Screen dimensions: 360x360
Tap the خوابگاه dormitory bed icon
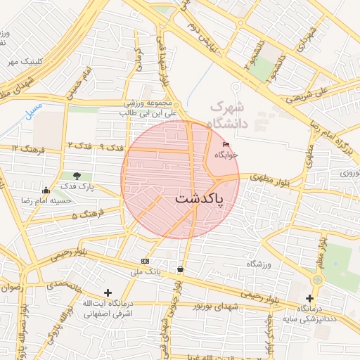226,145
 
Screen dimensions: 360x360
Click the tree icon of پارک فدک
77,175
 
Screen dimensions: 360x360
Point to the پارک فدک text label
77,186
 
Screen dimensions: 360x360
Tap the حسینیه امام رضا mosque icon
46,190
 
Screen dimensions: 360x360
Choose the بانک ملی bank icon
145,261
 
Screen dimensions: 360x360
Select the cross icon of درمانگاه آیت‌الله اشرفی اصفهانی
107,292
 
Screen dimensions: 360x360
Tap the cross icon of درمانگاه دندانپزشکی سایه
310,298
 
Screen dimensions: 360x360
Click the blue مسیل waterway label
32,112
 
